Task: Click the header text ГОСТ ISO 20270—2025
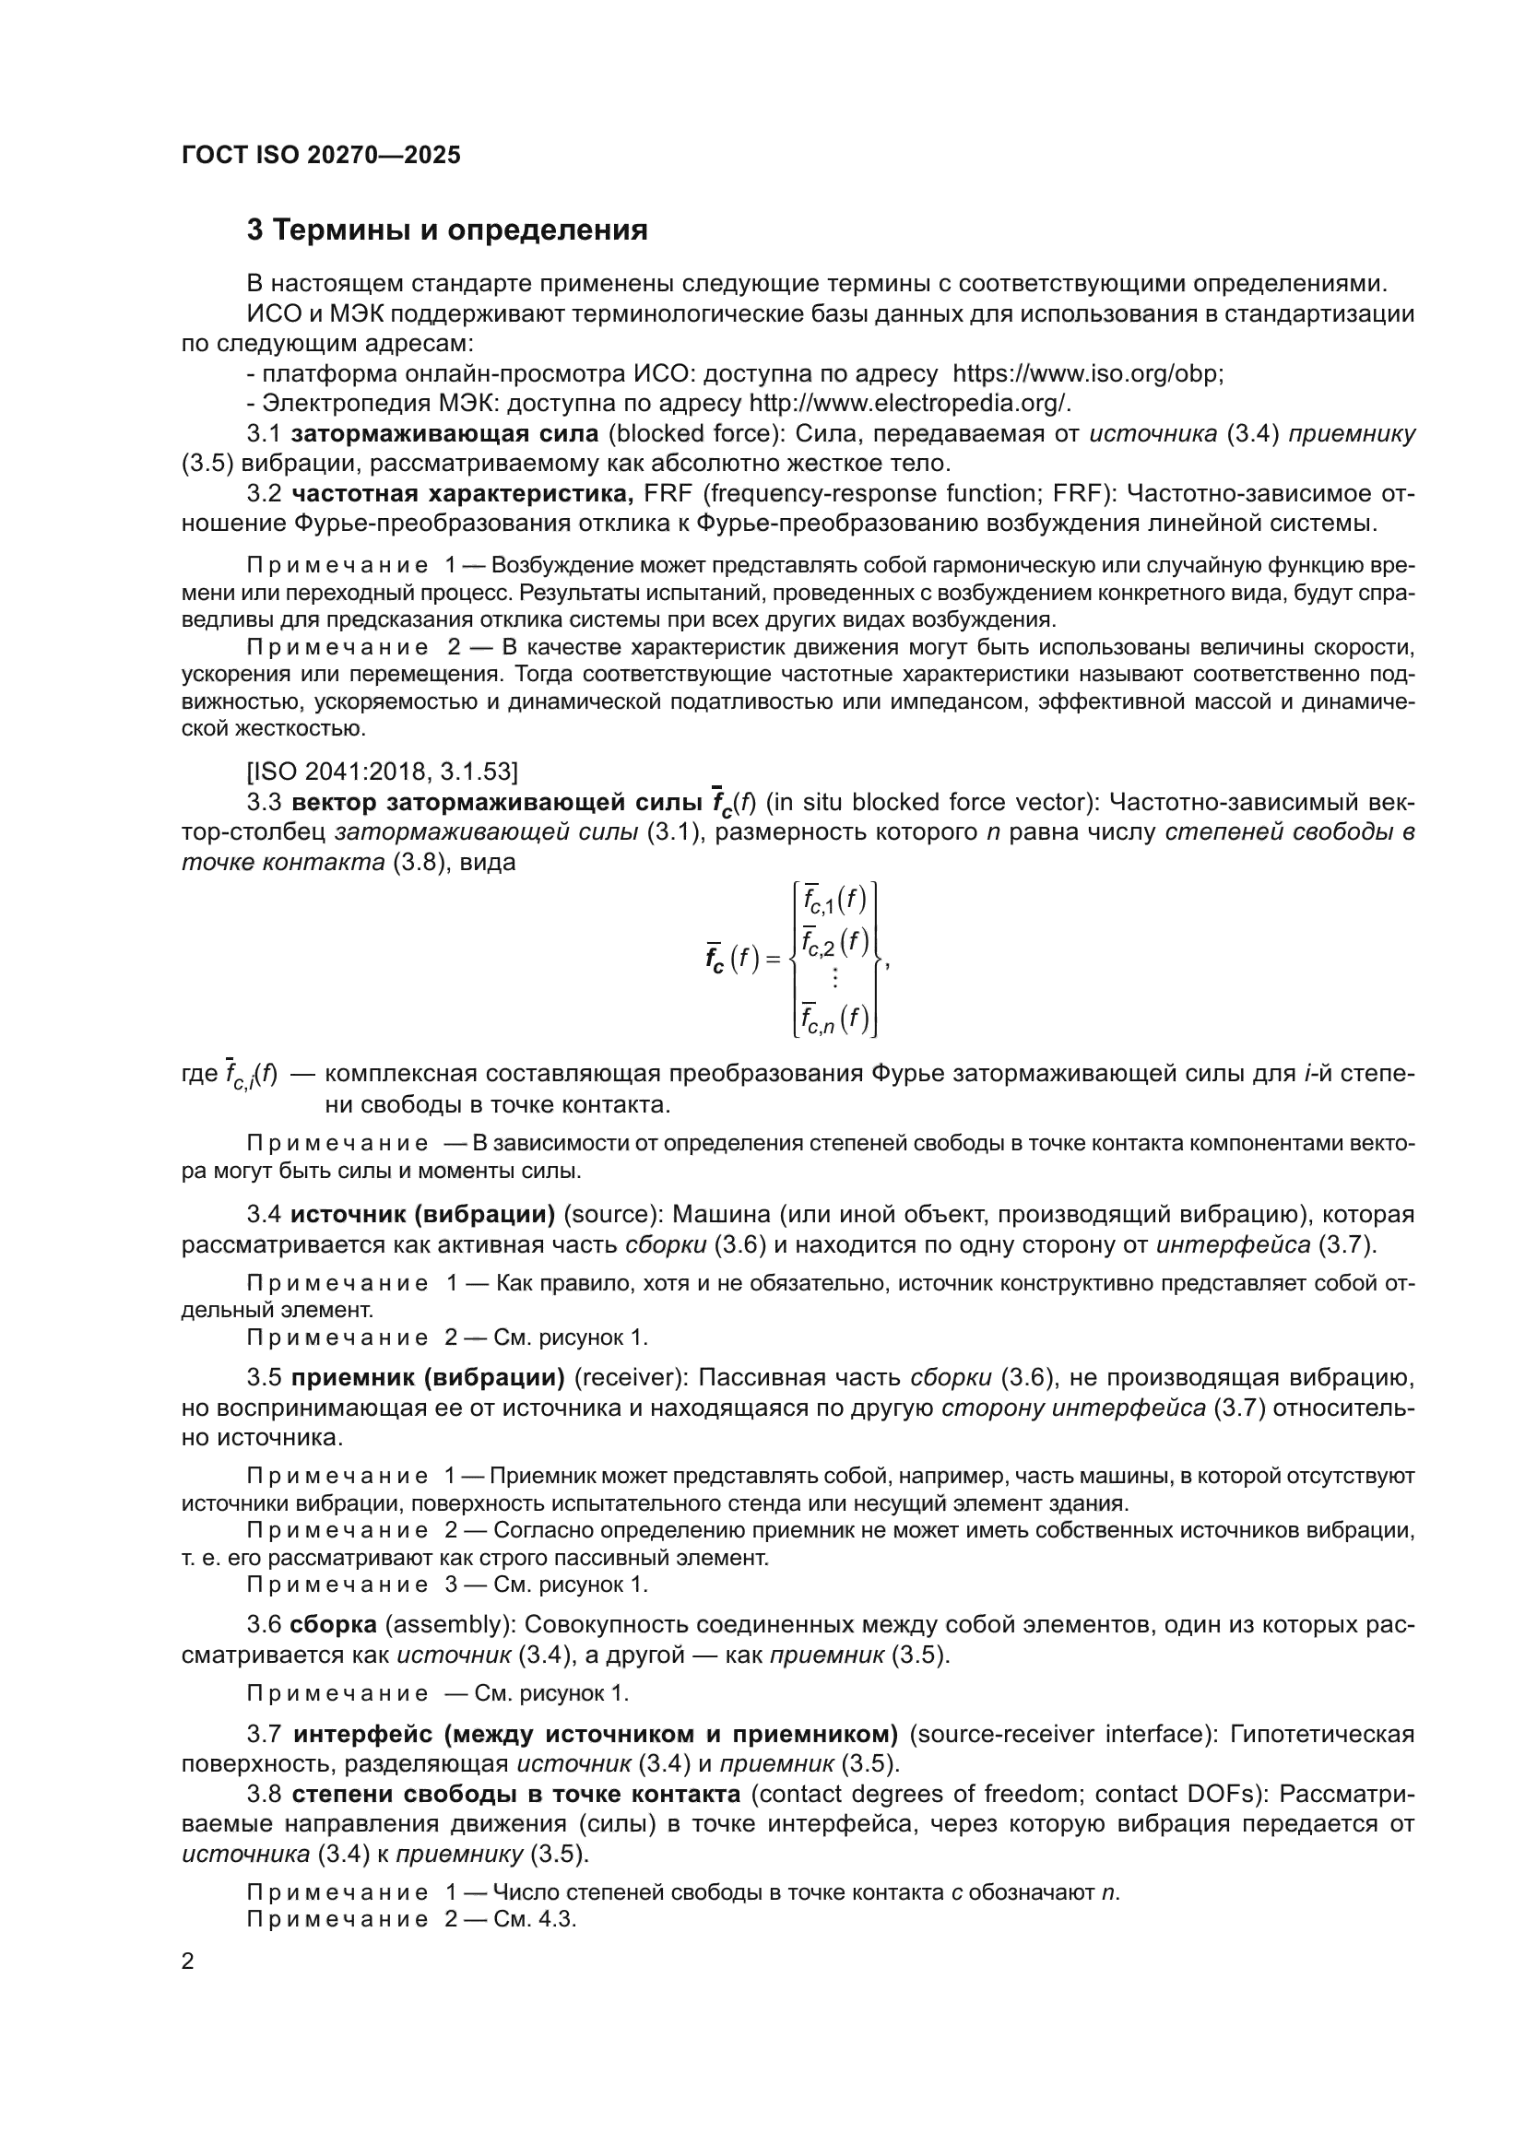[321, 156]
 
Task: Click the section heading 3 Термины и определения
[447, 230]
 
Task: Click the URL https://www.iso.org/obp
[1087, 373]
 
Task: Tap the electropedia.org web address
[909, 404]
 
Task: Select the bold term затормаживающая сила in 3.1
[445, 434]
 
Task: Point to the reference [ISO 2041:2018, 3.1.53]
[383, 772]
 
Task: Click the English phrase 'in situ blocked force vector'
[928, 802]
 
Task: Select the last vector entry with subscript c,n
[834, 1019]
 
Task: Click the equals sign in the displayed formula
[773, 959]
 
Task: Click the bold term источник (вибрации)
[422, 1215]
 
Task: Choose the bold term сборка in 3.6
[334, 1624]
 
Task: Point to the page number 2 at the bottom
[188, 1962]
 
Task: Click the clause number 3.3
[264, 802]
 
